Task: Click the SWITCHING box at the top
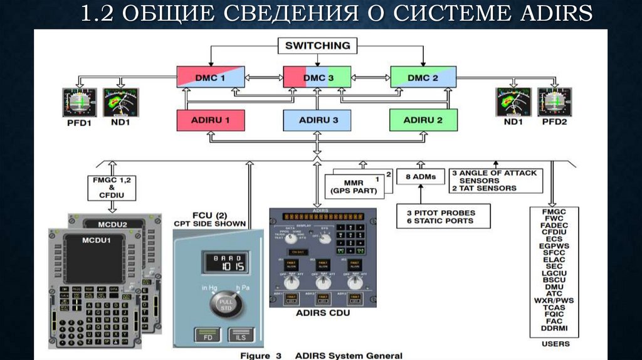[318, 46]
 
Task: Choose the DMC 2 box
[423, 78]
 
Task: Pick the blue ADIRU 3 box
[318, 120]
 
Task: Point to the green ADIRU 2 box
[423, 120]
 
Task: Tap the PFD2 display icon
[554, 102]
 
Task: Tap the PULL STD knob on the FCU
[224, 305]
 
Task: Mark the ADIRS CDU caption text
[323, 312]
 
